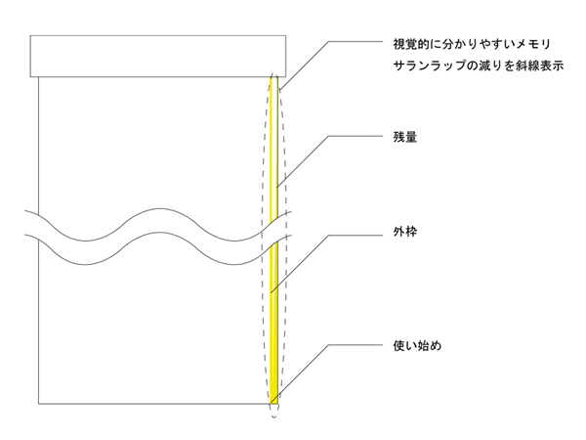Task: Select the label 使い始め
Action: (405, 345)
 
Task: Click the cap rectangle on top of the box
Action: (156, 56)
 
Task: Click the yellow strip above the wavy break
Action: (275, 147)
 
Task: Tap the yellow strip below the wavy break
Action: (273, 323)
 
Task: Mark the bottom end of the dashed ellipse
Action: (273, 417)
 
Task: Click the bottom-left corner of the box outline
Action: (38, 404)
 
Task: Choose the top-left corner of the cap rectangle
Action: (30, 36)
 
